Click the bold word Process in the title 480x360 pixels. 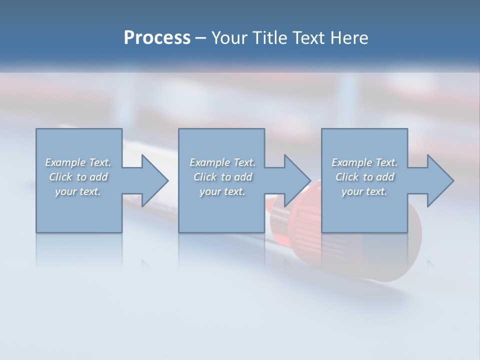157,38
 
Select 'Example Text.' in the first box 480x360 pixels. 78,162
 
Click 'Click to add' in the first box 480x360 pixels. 78,177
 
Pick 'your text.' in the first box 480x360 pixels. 78,191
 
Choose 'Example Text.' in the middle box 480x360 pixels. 222,162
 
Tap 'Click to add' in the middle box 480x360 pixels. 222,177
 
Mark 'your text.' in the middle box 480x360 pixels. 222,191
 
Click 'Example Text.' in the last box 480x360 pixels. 364,162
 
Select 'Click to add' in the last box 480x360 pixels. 364,177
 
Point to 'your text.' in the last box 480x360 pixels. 364,191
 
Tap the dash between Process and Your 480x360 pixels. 200,38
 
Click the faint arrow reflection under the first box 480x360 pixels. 145,263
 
